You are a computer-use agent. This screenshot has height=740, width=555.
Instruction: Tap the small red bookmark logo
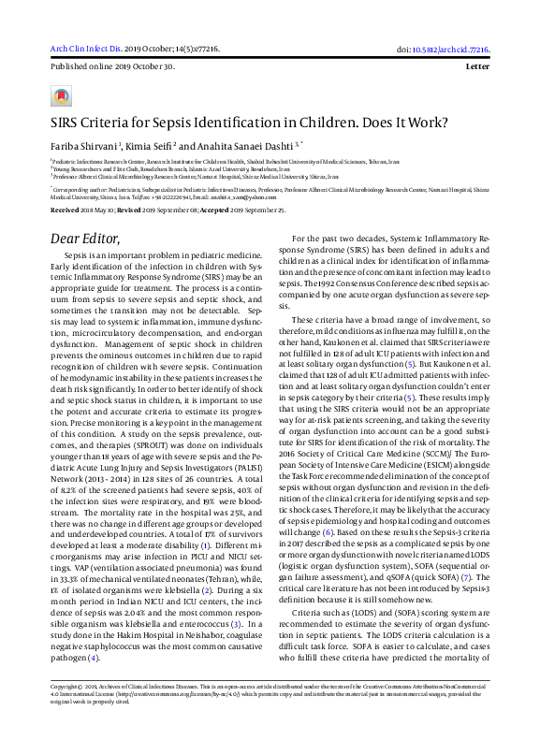point(62,96)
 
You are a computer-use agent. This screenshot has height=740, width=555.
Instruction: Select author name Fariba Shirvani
point(84,146)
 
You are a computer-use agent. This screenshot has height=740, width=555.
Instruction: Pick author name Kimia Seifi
point(149,146)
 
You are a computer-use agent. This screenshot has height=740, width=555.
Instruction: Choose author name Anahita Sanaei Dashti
point(244,146)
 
